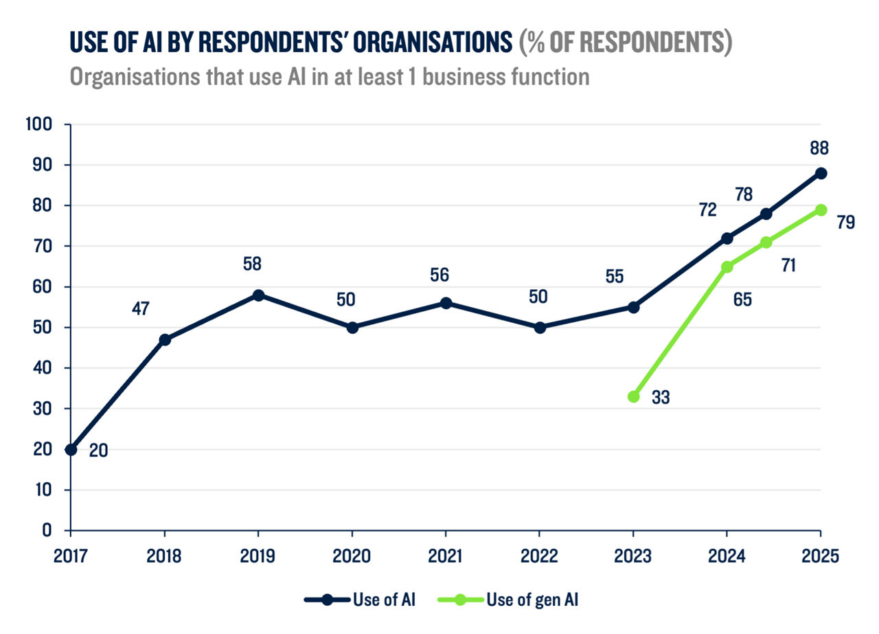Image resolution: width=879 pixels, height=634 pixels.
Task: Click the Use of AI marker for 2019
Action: click(x=258, y=295)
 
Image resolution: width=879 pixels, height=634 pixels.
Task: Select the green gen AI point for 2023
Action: click(x=633, y=396)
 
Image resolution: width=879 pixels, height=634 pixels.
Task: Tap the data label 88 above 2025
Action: click(x=819, y=148)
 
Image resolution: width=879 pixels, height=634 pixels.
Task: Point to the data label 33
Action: click(x=660, y=397)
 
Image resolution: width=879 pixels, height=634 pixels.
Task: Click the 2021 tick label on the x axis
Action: click(x=446, y=555)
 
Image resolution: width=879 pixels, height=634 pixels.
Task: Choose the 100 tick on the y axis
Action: click(x=38, y=125)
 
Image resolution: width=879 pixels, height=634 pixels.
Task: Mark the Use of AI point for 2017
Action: click(x=71, y=449)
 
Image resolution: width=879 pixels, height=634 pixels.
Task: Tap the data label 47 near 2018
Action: click(x=141, y=308)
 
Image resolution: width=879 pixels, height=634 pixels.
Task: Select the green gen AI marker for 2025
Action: click(x=821, y=210)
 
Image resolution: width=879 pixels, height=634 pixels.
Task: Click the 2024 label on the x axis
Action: click(x=727, y=555)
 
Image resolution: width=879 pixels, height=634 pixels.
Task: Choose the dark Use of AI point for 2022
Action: click(x=540, y=328)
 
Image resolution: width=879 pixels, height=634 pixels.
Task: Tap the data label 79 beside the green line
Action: click(x=845, y=223)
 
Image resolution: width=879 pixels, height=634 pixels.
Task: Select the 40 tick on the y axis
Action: click(x=43, y=368)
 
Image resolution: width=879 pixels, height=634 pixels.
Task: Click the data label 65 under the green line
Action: click(x=742, y=299)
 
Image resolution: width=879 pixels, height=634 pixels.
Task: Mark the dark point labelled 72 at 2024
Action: click(x=727, y=238)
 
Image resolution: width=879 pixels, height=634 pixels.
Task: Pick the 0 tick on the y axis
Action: click(x=47, y=530)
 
